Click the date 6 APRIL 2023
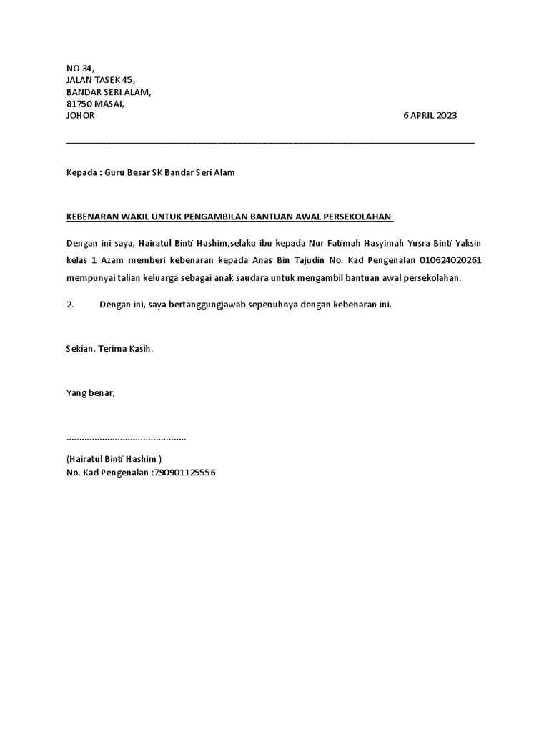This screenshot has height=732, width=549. point(430,116)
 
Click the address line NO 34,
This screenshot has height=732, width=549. point(79,68)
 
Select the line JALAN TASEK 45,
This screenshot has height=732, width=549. point(100,80)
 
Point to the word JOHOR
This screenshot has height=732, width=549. point(80,116)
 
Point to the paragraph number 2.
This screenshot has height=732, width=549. point(70,305)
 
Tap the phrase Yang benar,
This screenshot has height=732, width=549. point(90,392)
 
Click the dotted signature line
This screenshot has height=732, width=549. point(126,437)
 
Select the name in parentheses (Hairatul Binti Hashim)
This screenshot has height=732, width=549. point(114,458)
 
